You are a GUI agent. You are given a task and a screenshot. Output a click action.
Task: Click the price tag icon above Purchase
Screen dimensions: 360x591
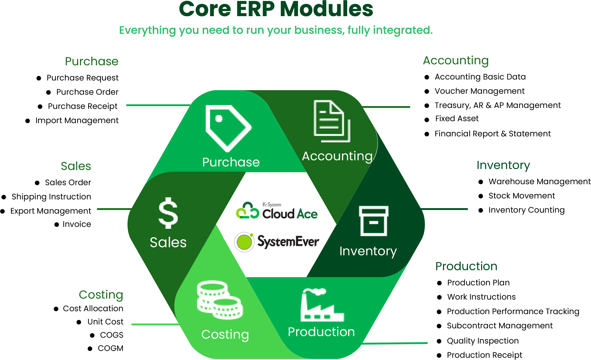coord(228,128)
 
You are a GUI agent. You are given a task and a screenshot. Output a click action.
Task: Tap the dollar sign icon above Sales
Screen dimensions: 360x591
coord(168,213)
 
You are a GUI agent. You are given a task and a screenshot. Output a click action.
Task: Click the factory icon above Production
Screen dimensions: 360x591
coord(322,305)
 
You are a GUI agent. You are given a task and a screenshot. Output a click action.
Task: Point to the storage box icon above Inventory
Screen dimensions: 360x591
coord(374,221)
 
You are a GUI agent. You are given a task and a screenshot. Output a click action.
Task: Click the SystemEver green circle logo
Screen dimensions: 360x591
coord(244,242)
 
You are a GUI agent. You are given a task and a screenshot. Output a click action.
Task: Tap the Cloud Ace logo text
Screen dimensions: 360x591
coord(290,213)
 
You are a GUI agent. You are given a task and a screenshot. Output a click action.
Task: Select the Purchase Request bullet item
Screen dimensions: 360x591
coord(82,78)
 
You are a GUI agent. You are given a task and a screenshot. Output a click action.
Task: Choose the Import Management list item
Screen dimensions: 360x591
coord(77,121)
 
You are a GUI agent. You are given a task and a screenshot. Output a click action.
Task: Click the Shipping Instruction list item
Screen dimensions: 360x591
coord(51,197)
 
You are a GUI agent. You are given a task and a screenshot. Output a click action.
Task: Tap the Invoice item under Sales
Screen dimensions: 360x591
coord(77,224)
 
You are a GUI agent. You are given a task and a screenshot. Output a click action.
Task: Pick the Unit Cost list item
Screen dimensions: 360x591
coord(105,322)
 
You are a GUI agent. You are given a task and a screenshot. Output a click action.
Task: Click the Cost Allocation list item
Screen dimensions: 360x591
coord(93,309)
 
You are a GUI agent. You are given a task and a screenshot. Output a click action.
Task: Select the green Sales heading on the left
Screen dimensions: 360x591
coord(76,166)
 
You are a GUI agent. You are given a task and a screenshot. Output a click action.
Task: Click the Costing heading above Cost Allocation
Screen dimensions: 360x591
coord(101,295)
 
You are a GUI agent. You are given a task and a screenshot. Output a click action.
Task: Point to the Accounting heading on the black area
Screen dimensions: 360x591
coord(456,60)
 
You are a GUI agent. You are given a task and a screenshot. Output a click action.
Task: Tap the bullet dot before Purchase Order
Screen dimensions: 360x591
coord(48,92)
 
